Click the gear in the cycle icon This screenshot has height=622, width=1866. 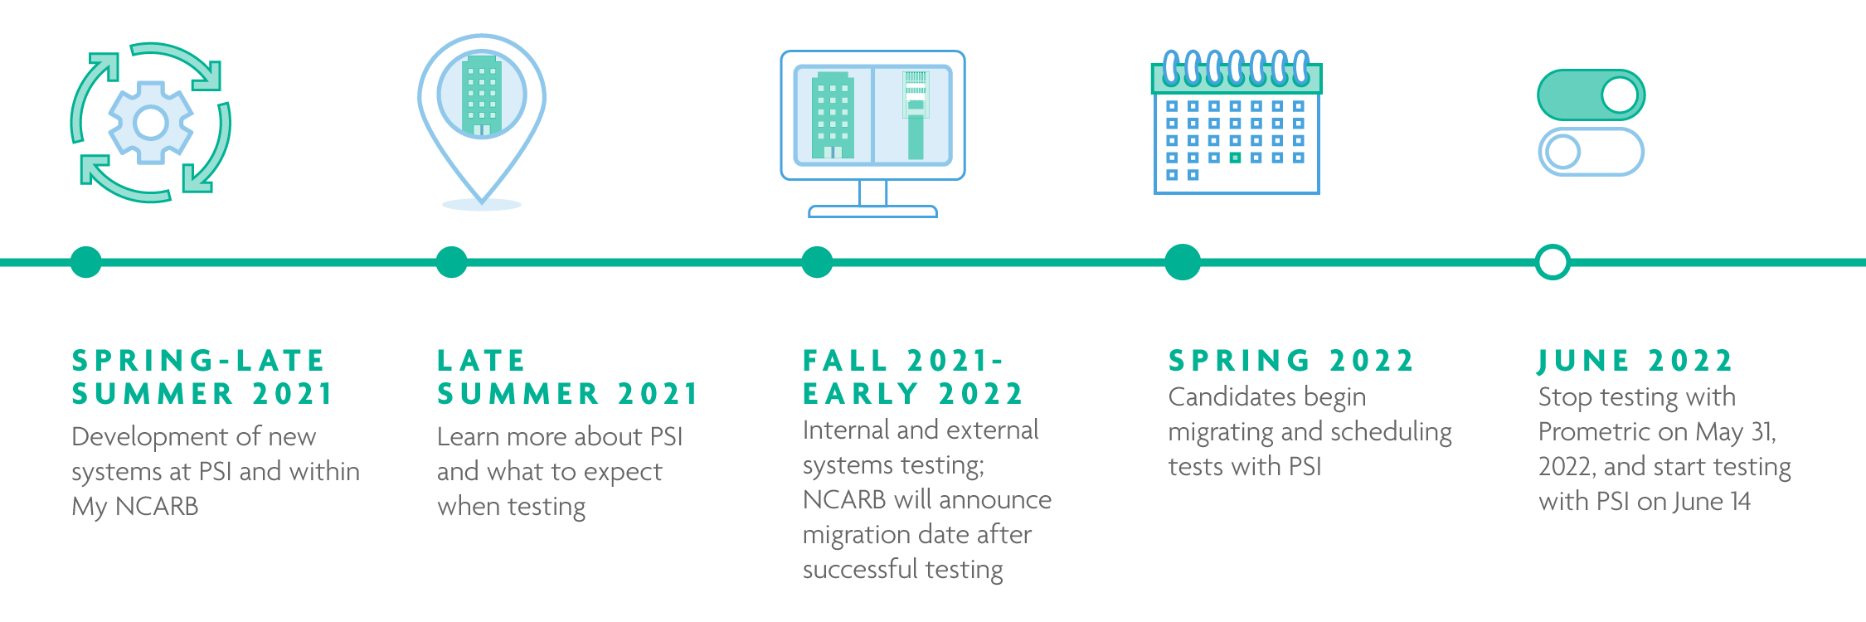[x=151, y=123]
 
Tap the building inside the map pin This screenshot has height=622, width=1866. [x=482, y=95]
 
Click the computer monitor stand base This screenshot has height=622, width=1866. [x=872, y=211]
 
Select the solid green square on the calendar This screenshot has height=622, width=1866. [x=1235, y=158]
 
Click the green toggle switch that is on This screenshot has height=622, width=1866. [x=1591, y=95]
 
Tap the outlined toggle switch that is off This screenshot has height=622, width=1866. [x=1591, y=152]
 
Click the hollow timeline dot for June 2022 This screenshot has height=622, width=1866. [x=1553, y=262]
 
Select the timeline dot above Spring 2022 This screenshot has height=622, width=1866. [x=1183, y=262]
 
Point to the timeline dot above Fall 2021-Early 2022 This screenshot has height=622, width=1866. [x=817, y=262]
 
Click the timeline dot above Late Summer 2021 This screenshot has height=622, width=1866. [x=451, y=262]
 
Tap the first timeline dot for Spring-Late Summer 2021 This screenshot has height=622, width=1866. [x=86, y=262]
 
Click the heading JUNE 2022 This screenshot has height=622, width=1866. [x=1635, y=361]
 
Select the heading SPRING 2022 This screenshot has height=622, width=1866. [x=1290, y=361]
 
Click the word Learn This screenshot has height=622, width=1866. [x=467, y=436]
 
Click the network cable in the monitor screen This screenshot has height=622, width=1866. [x=916, y=115]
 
